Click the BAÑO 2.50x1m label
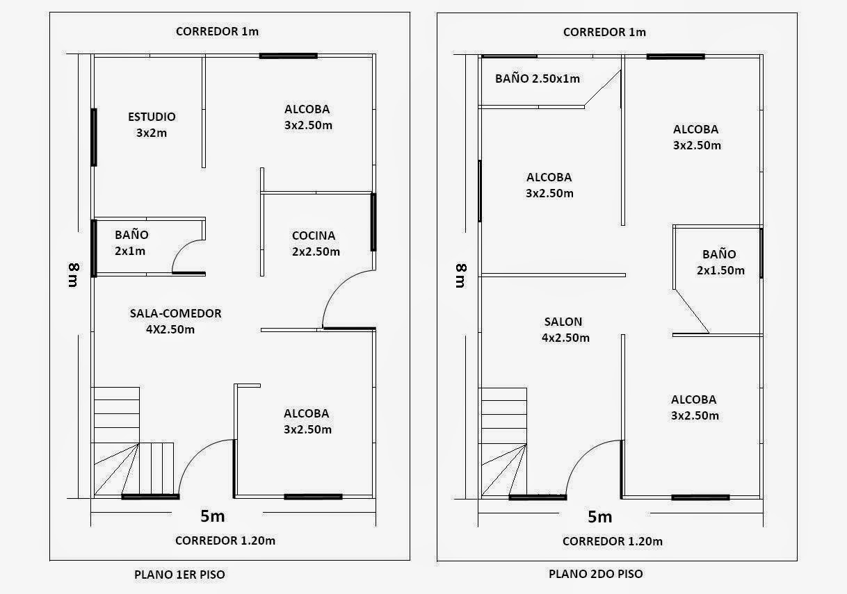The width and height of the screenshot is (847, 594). pos(537,79)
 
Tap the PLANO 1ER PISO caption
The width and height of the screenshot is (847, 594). pos(179,575)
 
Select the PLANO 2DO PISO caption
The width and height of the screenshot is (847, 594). pos(595,574)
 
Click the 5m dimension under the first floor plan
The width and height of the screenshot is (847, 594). pos(212,516)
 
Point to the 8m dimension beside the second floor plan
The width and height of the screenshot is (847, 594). pos(460,275)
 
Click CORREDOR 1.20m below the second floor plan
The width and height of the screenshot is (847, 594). pos(612,541)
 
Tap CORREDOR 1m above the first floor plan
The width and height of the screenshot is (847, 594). pos(217,31)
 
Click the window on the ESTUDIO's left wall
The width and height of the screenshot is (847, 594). pos(94,137)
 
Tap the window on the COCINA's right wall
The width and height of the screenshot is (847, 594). pos(373,222)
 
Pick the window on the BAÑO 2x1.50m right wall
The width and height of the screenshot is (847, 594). pos(761,253)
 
